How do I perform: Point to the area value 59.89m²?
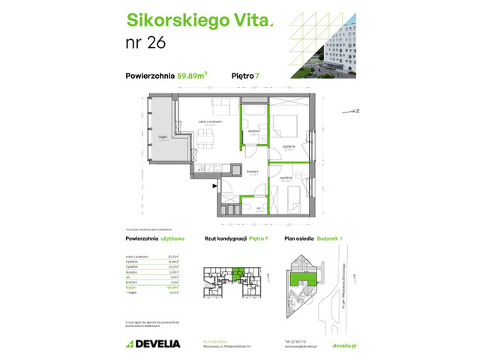pos(190,74)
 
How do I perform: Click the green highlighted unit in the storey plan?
pos(238,274)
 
